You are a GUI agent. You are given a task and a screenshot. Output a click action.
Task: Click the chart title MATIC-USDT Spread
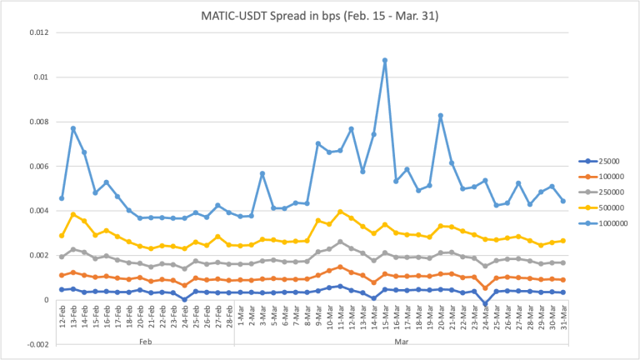(319, 17)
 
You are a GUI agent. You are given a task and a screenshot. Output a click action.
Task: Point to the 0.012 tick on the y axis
(37, 32)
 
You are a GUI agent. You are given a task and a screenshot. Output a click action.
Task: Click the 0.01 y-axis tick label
(40, 77)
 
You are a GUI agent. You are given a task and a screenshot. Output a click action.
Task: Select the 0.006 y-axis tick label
(37, 166)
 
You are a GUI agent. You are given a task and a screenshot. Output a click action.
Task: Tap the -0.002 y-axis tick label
(36, 343)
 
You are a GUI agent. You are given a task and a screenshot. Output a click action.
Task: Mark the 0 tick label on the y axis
(47, 299)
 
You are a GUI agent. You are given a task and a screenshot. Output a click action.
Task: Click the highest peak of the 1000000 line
(385, 60)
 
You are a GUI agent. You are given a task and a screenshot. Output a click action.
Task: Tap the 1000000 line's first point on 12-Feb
(62, 198)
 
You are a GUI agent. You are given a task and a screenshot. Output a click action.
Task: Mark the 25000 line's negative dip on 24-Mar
(486, 305)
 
